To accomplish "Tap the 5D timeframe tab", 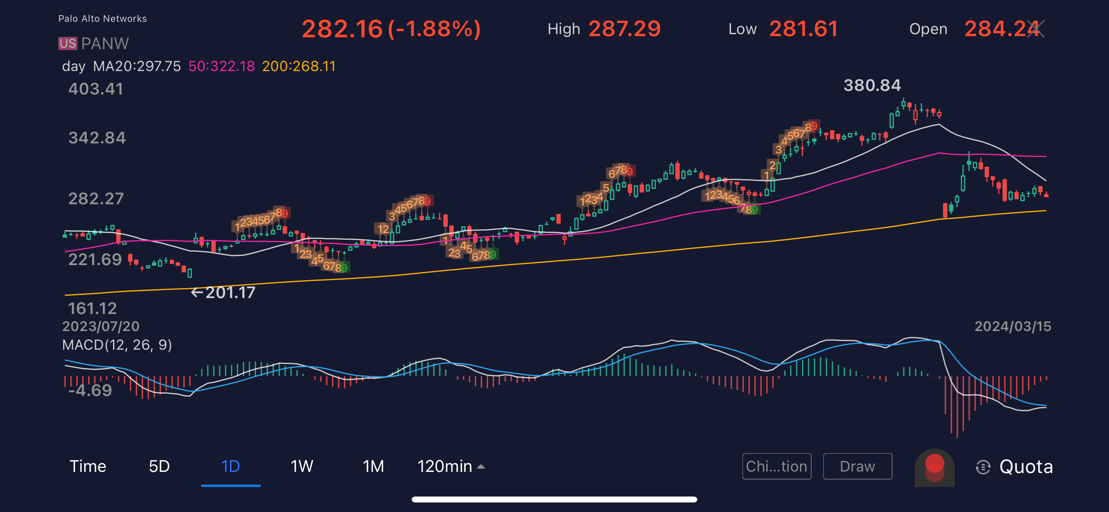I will tap(159, 466).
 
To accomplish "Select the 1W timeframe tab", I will tap(302, 466).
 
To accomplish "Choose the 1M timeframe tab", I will tap(373, 466).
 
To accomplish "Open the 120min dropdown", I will tap(451, 466).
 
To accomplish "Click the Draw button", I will tap(857, 466).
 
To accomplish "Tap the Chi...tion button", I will tap(776, 466).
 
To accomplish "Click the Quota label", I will tap(1026, 467).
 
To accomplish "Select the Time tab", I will tap(88, 466).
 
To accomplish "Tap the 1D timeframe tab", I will tap(230, 466).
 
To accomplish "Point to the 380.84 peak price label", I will tap(872, 85).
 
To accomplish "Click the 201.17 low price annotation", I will tap(230, 293).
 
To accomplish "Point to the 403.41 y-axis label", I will tap(96, 89).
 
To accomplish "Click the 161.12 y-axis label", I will tap(92, 308).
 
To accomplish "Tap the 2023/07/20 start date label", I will tap(101, 326).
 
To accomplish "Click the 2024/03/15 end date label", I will tap(1013, 326).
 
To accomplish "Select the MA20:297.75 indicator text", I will tap(137, 66).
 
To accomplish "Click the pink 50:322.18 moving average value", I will tap(222, 66).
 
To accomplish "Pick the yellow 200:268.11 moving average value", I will tap(299, 66).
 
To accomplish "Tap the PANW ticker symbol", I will tap(105, 44).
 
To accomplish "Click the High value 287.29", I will tap(624, 29).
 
